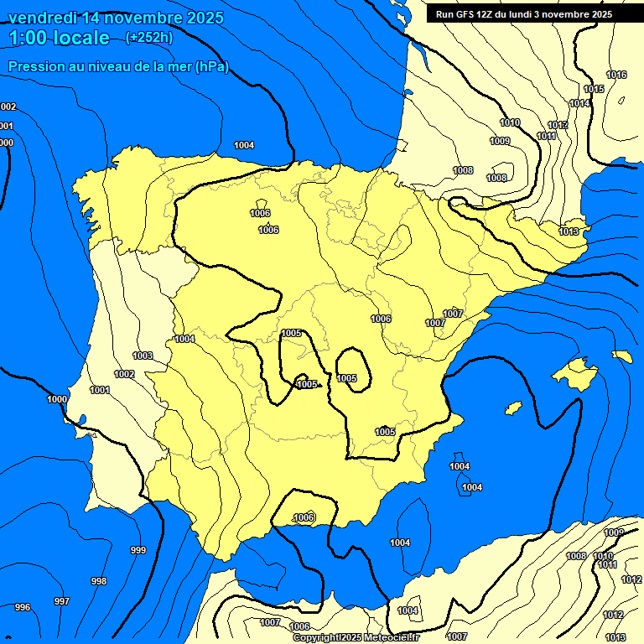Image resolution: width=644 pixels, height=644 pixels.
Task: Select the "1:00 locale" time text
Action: point(60,38)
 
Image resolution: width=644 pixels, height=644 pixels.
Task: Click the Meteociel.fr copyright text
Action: point(356,638)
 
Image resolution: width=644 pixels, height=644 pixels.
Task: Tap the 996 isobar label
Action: point(23,607)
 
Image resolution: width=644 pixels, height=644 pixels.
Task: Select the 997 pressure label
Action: point(61,601)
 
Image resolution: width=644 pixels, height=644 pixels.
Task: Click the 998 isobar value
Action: point(99,581)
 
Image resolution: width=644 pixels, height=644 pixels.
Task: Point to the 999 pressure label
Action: point(138,550)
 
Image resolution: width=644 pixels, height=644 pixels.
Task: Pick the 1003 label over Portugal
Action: point(143,356)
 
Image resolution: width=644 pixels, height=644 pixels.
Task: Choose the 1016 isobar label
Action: point(616,75)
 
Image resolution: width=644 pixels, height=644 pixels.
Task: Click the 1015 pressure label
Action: point(594,89)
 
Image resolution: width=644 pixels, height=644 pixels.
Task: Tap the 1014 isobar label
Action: point(579,103)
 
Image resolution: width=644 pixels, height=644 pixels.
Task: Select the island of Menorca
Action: point(622,356)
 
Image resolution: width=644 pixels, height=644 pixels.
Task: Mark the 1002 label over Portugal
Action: point(124,374)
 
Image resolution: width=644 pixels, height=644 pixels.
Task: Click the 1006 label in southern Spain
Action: point(304,517)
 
